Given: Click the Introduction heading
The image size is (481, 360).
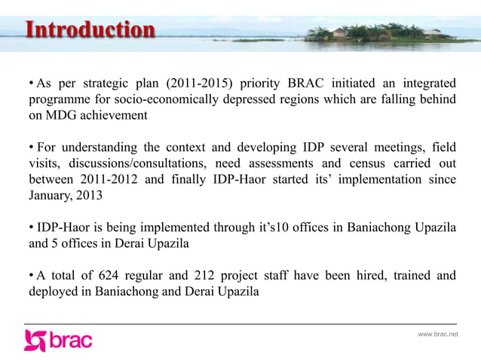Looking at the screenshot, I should pos(90,30).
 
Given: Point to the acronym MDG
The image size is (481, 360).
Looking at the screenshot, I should pos(70,115).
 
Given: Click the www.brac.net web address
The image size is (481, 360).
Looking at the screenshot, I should pos(438,334).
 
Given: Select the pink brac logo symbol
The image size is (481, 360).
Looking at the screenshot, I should pos(35,340).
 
